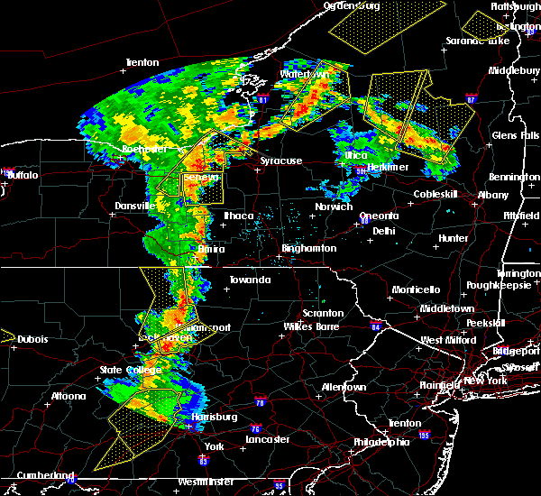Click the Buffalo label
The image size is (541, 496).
pyautogui.click(x=22, y=175)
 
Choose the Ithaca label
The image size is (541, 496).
pyautogui.click(x=239, y=216)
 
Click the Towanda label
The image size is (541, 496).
pyautogui.click(x=249, y=280)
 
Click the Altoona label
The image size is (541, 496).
pyautogui.click(x=68, y=396)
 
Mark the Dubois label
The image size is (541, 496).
pyautogui.click(x=29, y=339)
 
